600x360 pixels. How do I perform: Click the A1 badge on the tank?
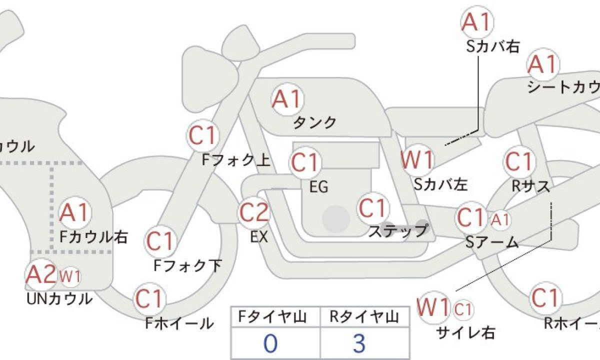tap(287, 99)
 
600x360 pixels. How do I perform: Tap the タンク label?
tap(314, 122)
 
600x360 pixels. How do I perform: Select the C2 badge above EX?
tap(254, 212)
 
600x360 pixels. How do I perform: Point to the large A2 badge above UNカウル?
tap(41, 274)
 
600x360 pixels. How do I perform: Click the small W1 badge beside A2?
tap(70, 275)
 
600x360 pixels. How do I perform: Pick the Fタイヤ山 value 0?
tap(270, 344)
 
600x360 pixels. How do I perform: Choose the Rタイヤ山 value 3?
tap(359, 344)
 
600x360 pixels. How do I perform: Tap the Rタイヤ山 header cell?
tap(364, 317)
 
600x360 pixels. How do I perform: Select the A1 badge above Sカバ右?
tap(476, 22)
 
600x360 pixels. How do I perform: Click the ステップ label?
tap(398, 231)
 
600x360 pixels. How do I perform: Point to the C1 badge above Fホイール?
tap(149, 299)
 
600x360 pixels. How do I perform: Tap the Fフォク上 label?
tap(236, 160)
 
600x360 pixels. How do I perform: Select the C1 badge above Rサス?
tap(518, 162)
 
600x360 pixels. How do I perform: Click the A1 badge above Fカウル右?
tap(73, 213)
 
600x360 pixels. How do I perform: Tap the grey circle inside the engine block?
tap(335, 218)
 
